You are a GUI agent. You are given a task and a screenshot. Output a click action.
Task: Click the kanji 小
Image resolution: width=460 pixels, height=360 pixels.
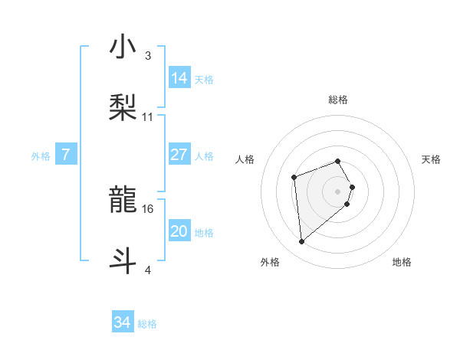123,47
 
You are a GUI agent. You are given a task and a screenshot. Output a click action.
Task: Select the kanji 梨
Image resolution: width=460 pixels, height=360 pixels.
123,107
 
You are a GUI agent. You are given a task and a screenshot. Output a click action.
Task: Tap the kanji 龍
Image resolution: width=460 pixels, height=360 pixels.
123,201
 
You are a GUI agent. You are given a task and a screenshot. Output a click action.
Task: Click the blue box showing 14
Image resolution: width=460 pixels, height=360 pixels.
179,78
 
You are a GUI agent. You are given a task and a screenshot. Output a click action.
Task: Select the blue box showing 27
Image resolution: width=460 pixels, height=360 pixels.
179,155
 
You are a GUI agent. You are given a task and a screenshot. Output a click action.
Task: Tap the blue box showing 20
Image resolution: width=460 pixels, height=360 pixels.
179,232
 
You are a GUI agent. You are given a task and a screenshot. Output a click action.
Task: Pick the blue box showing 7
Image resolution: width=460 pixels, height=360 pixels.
66,155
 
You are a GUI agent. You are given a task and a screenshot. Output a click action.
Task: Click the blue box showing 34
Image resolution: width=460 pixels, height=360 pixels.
123,323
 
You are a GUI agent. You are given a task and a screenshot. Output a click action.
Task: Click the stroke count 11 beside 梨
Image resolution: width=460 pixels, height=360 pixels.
148,117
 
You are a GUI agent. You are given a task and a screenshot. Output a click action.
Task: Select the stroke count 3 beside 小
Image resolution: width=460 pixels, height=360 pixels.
148,56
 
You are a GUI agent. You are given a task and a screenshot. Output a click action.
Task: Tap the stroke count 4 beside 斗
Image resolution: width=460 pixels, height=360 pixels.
148,270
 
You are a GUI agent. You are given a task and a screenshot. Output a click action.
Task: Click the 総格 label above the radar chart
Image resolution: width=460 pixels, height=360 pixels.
338,100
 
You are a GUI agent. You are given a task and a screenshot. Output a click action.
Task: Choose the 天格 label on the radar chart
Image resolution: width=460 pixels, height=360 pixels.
431,159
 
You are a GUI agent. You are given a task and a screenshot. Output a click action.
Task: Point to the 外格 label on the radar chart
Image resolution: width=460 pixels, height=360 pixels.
270,263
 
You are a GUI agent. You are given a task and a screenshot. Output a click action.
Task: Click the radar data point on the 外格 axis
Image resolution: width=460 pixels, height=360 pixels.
302,242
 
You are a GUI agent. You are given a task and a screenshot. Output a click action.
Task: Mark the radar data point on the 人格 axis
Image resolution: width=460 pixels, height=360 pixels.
294,178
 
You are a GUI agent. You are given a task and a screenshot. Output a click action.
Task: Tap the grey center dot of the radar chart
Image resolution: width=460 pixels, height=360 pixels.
338,191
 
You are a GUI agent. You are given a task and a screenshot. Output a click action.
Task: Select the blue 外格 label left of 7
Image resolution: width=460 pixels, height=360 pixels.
41,156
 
